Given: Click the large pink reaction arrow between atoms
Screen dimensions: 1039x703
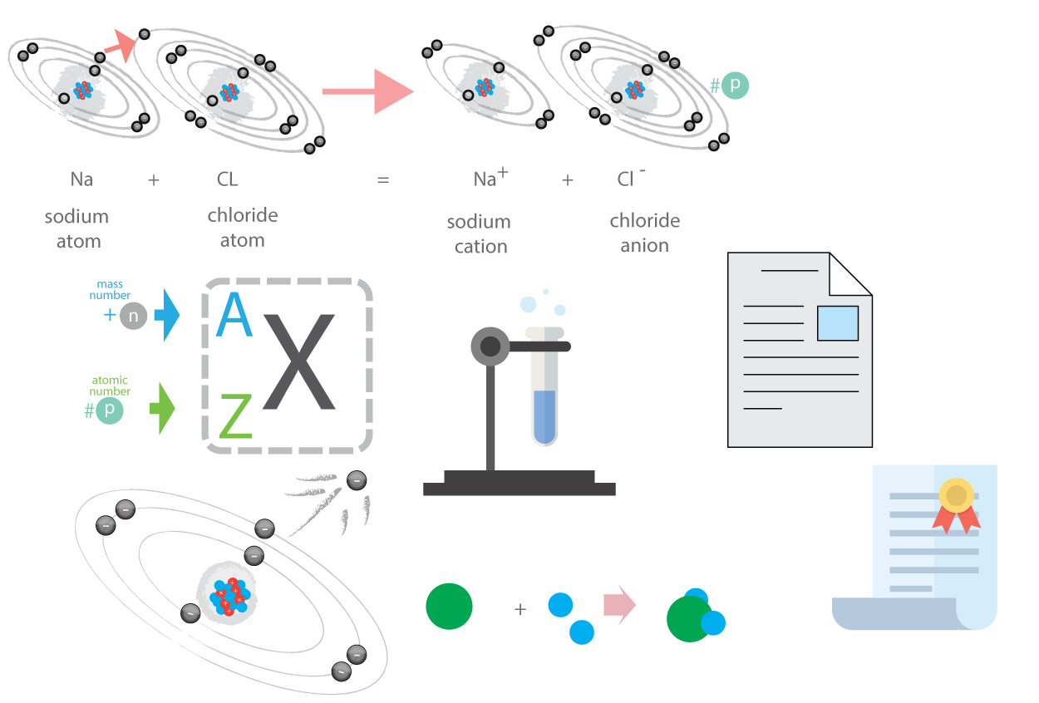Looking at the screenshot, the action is [x=367, y=91].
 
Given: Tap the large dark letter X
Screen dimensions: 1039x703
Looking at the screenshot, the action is [x=298, y=361].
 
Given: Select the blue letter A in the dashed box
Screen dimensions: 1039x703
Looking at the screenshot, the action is [x=234, y=314].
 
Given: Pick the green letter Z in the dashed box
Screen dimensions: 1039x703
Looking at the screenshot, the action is [x=235, y=416].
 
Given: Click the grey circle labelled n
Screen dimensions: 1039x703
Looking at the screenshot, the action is [x=134, y=316].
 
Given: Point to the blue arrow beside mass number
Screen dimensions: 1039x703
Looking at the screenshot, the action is [x=166, y=315].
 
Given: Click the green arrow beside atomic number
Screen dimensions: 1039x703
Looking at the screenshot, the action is [x=162, y=409].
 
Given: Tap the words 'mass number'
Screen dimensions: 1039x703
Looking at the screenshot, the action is [x=110, y=289].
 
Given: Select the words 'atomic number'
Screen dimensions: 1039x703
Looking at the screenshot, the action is [x=110, y=386].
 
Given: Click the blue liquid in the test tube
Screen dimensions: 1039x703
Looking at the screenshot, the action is [x=544, y=416].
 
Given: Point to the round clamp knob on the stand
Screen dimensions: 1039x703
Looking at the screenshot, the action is [x=490, y=346].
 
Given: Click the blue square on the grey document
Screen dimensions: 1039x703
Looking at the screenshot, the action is [x=838, y=323].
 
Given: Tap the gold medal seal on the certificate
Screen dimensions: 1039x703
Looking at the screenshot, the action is [x=956, y=496].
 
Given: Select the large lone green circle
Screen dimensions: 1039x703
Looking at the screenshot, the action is [x=449, y=606].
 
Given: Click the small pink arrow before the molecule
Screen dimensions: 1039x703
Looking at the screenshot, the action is [x=619, y=605].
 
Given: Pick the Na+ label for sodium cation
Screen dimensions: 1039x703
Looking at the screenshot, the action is [x=490, y=178].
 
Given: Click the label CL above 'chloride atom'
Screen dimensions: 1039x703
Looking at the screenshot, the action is [x=227, y=179].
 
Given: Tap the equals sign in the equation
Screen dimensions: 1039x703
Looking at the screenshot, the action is [x=383, y=180].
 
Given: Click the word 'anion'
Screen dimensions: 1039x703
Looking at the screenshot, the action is [x=645, y=245].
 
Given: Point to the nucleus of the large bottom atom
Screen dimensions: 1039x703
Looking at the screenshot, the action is [x=230, y=597].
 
